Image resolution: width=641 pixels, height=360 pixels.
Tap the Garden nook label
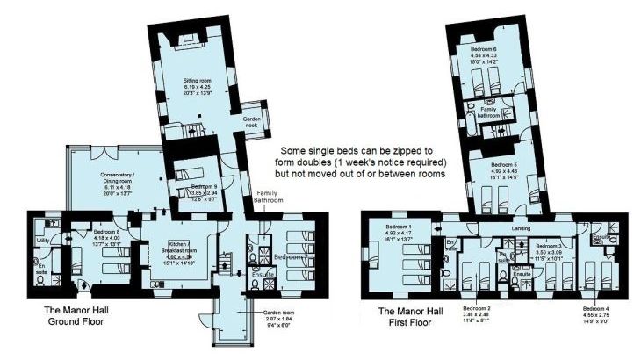click(256, 123)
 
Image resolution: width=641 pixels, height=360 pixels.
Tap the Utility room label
click(41, 239)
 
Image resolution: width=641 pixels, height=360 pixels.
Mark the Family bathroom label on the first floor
click(489, 112)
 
